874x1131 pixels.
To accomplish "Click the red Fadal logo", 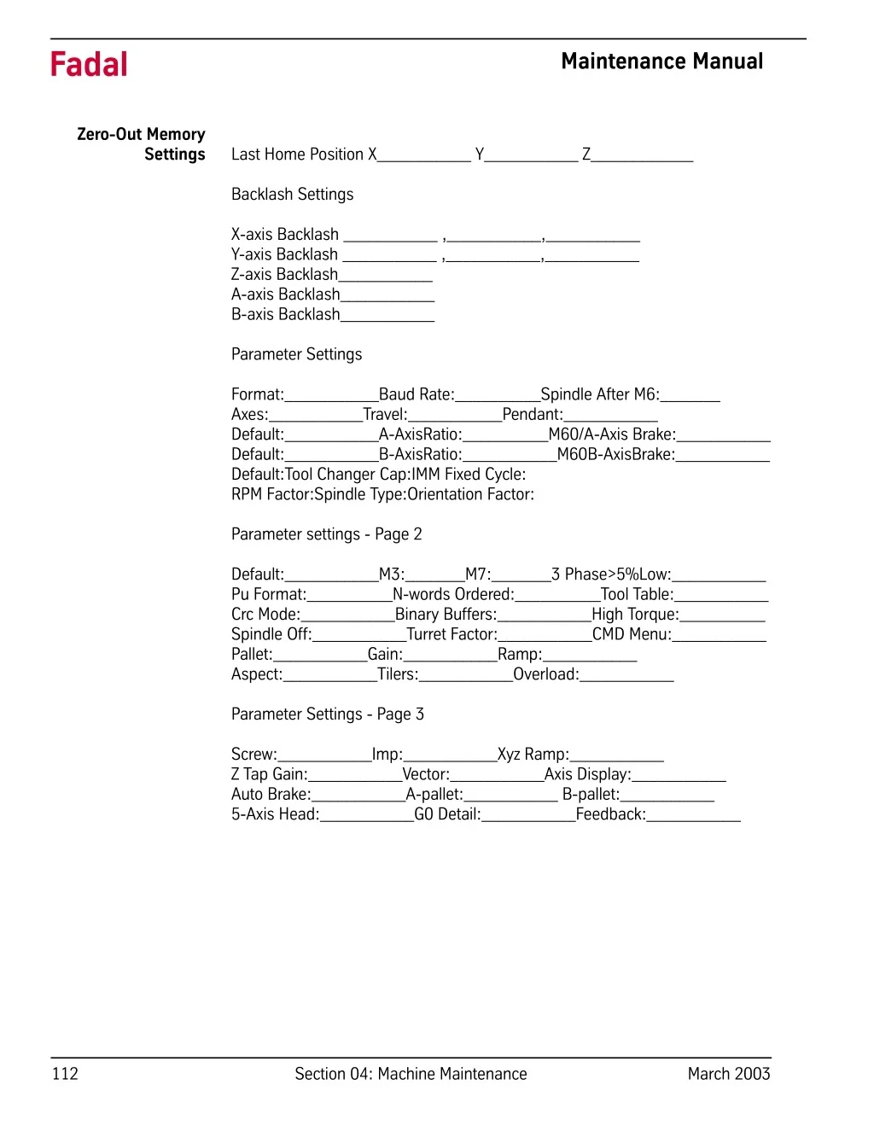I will [x=89, y=65].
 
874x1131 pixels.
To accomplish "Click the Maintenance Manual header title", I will [x=661, y=61].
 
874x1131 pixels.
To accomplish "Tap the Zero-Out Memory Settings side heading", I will [x=142, y=144].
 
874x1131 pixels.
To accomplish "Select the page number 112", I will [x=65, y=1074].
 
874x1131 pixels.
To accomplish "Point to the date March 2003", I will [x=728, y=1074].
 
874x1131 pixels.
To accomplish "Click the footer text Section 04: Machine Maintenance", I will [x=411, y=1074].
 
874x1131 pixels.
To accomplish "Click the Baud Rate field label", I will [x=417, y=394].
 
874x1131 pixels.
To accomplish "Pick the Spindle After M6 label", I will [x=600, y=394].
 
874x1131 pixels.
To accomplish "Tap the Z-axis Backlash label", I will [x=284, y=274].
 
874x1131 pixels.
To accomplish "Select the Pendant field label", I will [x=533, y=415].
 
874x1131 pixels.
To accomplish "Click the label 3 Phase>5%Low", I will [x=611, y=574].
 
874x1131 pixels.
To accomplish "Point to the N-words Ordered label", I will [x=453, y=595].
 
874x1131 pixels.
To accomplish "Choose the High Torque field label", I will [x=635, y=615].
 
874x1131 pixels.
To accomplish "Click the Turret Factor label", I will [x=452, y=634].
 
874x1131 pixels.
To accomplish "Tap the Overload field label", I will [x=545, y=674].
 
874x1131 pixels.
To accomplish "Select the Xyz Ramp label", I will [x=533, y=755].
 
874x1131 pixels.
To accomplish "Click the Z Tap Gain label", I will [x=269, y=774].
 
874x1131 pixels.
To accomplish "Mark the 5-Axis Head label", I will [x=275, y=814].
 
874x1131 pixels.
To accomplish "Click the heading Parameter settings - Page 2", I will [x=326, y=534].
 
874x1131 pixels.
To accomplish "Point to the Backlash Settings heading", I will [x=292, y=195].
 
